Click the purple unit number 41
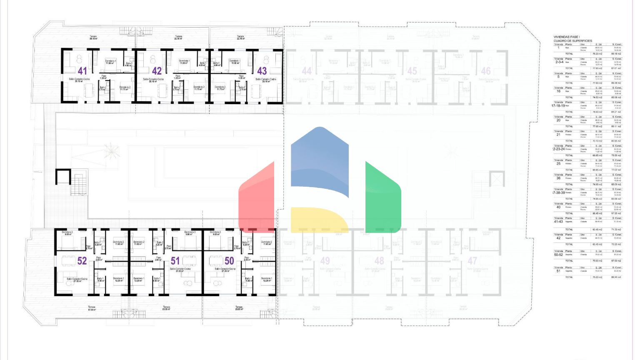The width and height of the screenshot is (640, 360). point(82,71)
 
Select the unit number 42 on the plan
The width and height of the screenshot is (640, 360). point(157,71)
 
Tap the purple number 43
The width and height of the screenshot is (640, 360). point(262,71)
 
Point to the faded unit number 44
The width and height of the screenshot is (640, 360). point(307,71)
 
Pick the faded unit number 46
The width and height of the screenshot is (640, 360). point(486,71)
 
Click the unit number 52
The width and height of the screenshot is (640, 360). point(82,261)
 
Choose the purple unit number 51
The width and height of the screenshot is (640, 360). point(175,261)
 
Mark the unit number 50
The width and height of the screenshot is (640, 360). point(229,261)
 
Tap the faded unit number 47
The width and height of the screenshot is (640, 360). point(472,261)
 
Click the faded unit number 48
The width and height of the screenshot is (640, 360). point(379,261)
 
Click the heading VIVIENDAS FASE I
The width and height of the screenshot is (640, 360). point(566,37)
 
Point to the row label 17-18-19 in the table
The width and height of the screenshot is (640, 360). point(558,106)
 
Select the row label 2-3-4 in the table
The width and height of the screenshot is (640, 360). point(559,62)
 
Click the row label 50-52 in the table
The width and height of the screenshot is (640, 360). point(558,255)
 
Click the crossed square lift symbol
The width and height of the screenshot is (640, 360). point(497,180)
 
